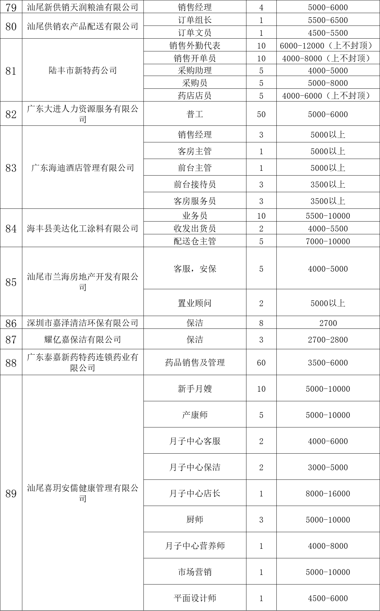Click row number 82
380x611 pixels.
tap(11, 114)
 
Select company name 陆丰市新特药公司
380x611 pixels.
tap(83, 71)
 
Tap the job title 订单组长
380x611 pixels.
tap(194, 20)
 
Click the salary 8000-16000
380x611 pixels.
tap(328, 494)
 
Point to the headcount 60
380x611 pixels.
tap(261, 363)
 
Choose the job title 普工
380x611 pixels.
tap(194, 114)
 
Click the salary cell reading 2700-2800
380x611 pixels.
tap(328, 340)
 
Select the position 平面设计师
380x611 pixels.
tap(194, 598)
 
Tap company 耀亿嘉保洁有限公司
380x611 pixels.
tap(83, 340)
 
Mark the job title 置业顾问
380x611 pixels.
tap(194, 303)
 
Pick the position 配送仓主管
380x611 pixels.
tap(194, 241)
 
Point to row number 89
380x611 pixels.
tap(11, 494)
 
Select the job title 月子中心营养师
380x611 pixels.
tap(194, 546)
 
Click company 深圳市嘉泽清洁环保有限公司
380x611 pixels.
tap(83, 323)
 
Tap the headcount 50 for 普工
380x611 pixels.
tap(261, 114)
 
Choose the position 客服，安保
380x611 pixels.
tap(194, 269)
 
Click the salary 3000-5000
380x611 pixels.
tap(328, 467)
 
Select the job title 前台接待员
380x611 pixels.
tap(194, 185)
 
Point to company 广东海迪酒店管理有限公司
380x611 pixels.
tap(83, 168)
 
